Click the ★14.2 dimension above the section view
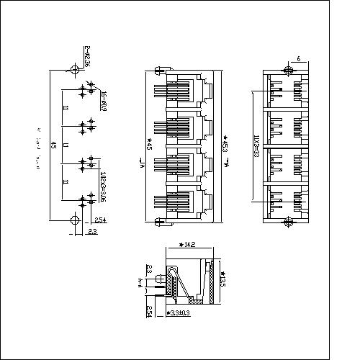click(x=188, y=245)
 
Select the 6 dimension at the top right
click(x=297, y=58)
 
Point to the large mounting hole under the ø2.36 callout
click(x=75, y=70)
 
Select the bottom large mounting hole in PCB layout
click(x=75, y=220)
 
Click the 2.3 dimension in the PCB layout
click(x=92, y=231)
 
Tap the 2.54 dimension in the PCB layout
click(x=102, y=220)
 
